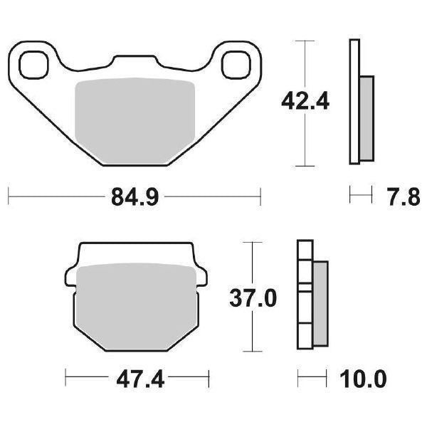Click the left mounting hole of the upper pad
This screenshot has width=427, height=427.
point(32,65)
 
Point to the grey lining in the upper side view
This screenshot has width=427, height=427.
point(366,117)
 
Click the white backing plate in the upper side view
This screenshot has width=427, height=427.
point(354,103)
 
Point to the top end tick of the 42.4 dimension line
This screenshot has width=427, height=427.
point(305,41)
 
